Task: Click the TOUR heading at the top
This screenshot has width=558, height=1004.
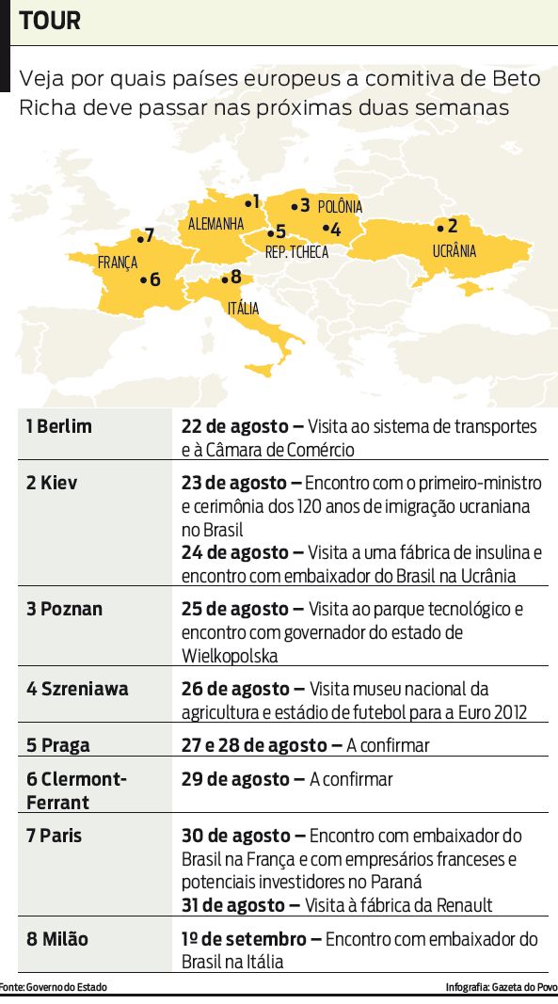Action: [x=50, y=20]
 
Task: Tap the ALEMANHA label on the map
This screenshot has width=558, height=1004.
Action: [x=215, y=224]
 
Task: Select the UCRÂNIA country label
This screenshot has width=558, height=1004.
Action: [x=454, y=251]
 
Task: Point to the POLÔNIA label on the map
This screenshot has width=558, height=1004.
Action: [x=340, y=207]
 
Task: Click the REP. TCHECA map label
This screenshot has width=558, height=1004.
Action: [x=296, y=252]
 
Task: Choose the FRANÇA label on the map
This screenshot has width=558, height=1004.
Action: [x=118, y=263]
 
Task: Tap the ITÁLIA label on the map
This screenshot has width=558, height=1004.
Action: [x=243, y=308]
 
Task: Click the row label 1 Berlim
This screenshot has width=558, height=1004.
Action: [x=59, y=426]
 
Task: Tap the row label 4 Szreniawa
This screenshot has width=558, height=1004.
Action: [x=77, y=689]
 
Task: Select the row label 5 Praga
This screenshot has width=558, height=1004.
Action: [x=58, y=745]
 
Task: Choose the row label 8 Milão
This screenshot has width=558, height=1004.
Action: [x=57, y=939]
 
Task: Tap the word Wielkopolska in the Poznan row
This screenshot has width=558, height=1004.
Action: [x=230, y=655]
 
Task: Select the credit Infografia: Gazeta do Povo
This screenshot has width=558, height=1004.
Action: [x=501, y=987]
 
